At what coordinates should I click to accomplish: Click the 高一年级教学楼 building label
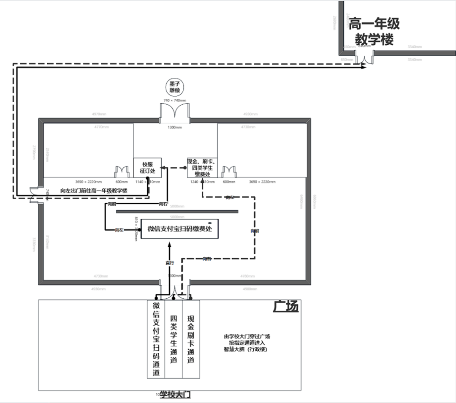pos(374,31)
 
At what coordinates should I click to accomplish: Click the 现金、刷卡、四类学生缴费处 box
pos(202,168)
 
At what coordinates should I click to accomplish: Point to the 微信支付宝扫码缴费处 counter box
pos(179,229)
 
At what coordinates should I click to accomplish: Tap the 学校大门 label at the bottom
pos(175,395)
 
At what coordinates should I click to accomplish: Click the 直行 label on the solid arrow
pos(170,263)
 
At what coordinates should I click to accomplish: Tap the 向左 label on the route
pos(119,230)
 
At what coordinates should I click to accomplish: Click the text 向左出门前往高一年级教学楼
pos(94,191)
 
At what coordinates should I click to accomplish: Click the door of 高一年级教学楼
pos(364,58)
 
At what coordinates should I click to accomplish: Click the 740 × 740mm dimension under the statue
pos(174,100)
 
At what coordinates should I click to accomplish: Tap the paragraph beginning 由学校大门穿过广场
pos(247,343)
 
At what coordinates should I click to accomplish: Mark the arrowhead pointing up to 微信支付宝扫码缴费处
pos(169,244)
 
